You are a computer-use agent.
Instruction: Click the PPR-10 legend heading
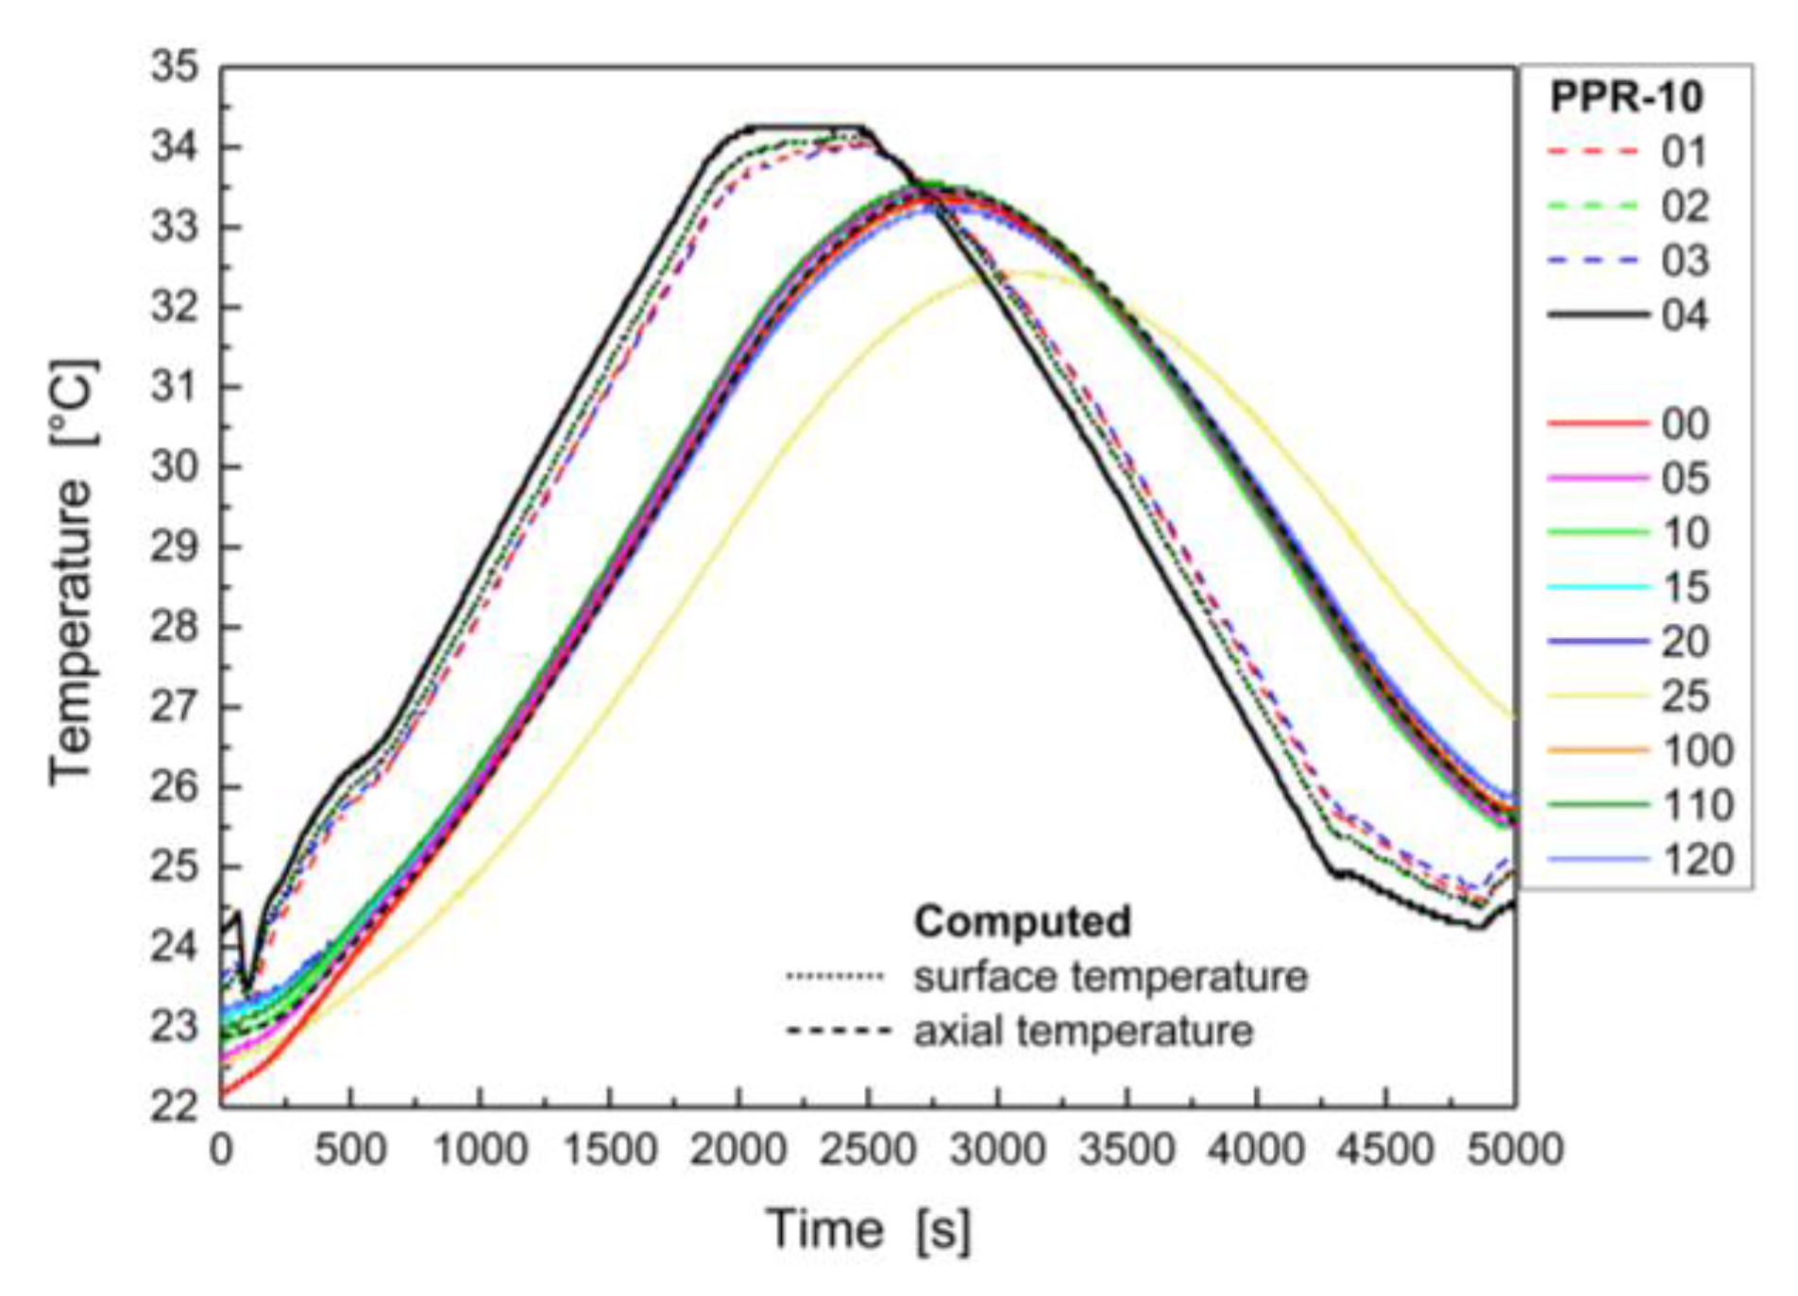1626,97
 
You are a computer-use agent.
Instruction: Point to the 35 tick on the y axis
176,68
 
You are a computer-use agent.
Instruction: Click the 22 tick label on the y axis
176,1105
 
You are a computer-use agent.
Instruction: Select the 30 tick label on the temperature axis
176,467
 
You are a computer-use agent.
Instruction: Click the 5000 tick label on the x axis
1515,1151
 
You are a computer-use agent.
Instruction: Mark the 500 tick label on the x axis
350,1151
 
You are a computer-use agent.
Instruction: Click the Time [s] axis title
868,1230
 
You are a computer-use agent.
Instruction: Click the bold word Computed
1022,921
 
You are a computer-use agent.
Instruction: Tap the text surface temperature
1110,977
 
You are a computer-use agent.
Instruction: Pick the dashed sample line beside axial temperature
837,1031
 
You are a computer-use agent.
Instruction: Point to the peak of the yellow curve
1025,274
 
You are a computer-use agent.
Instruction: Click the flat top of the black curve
803,126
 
